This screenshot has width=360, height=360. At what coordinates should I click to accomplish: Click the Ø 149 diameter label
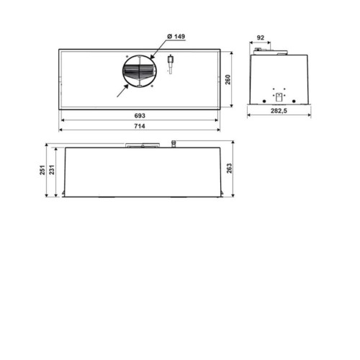pyautogui.click(x=176, y=37)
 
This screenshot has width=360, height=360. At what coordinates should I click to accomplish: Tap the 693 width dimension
pyautogui.click(x=140, y=116)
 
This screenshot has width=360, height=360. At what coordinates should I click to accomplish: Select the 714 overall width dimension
pyautogui.click(x=140, y=126)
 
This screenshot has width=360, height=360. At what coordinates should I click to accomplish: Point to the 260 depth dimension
pyautogui.click(x=228, y=79)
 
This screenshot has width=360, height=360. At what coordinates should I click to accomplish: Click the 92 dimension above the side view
pyautogui.click(x=261, y=37)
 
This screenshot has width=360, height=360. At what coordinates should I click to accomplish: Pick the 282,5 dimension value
pyautogui.click(x=279, y=111)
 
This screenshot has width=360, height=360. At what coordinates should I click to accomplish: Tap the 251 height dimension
pyautogui.click(x=42, y=170)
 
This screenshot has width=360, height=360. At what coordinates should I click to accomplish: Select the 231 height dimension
pyautogui.click(x=52, y=170)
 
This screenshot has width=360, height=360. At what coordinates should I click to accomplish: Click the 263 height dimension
pyautogui.click(x=230, y=168)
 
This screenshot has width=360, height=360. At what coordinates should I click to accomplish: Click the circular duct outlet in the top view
pyautogui.click(x=140, y=71)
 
